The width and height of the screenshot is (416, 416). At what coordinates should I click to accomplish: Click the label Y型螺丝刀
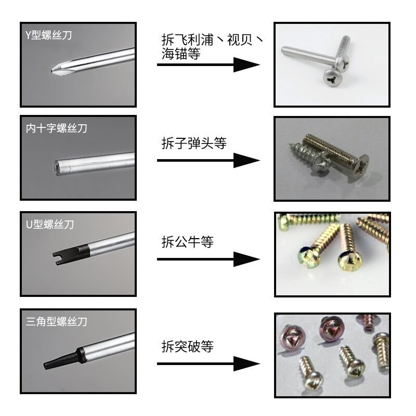coord(48,35)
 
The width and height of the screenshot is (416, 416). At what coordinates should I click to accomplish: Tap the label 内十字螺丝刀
coord(57,128)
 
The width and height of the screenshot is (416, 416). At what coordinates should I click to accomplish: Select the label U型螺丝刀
coord(50,225)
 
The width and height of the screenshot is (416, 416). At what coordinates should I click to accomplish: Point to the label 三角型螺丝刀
coord(57,321)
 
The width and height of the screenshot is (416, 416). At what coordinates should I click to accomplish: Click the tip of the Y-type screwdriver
coord(51,71)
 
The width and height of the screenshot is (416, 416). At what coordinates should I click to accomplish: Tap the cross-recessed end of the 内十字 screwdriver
coord(57,167)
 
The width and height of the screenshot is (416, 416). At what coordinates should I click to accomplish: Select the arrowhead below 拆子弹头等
coord(246,160)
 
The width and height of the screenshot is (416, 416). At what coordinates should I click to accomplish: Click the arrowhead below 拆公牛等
coord(246,259)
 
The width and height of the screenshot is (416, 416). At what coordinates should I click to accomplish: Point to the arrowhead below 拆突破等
coord(246,363)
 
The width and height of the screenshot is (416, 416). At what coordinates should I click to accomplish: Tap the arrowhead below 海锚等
coord(246,64)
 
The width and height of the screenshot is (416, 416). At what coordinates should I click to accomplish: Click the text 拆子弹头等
coord(194,143)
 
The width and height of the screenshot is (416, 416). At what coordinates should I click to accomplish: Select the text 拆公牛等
coord(188,242)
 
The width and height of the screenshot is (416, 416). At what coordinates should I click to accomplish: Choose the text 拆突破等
coord(188,346)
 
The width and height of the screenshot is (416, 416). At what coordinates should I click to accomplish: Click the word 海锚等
coord(181,54)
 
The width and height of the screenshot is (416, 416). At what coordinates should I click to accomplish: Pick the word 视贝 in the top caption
coord(240,40)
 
